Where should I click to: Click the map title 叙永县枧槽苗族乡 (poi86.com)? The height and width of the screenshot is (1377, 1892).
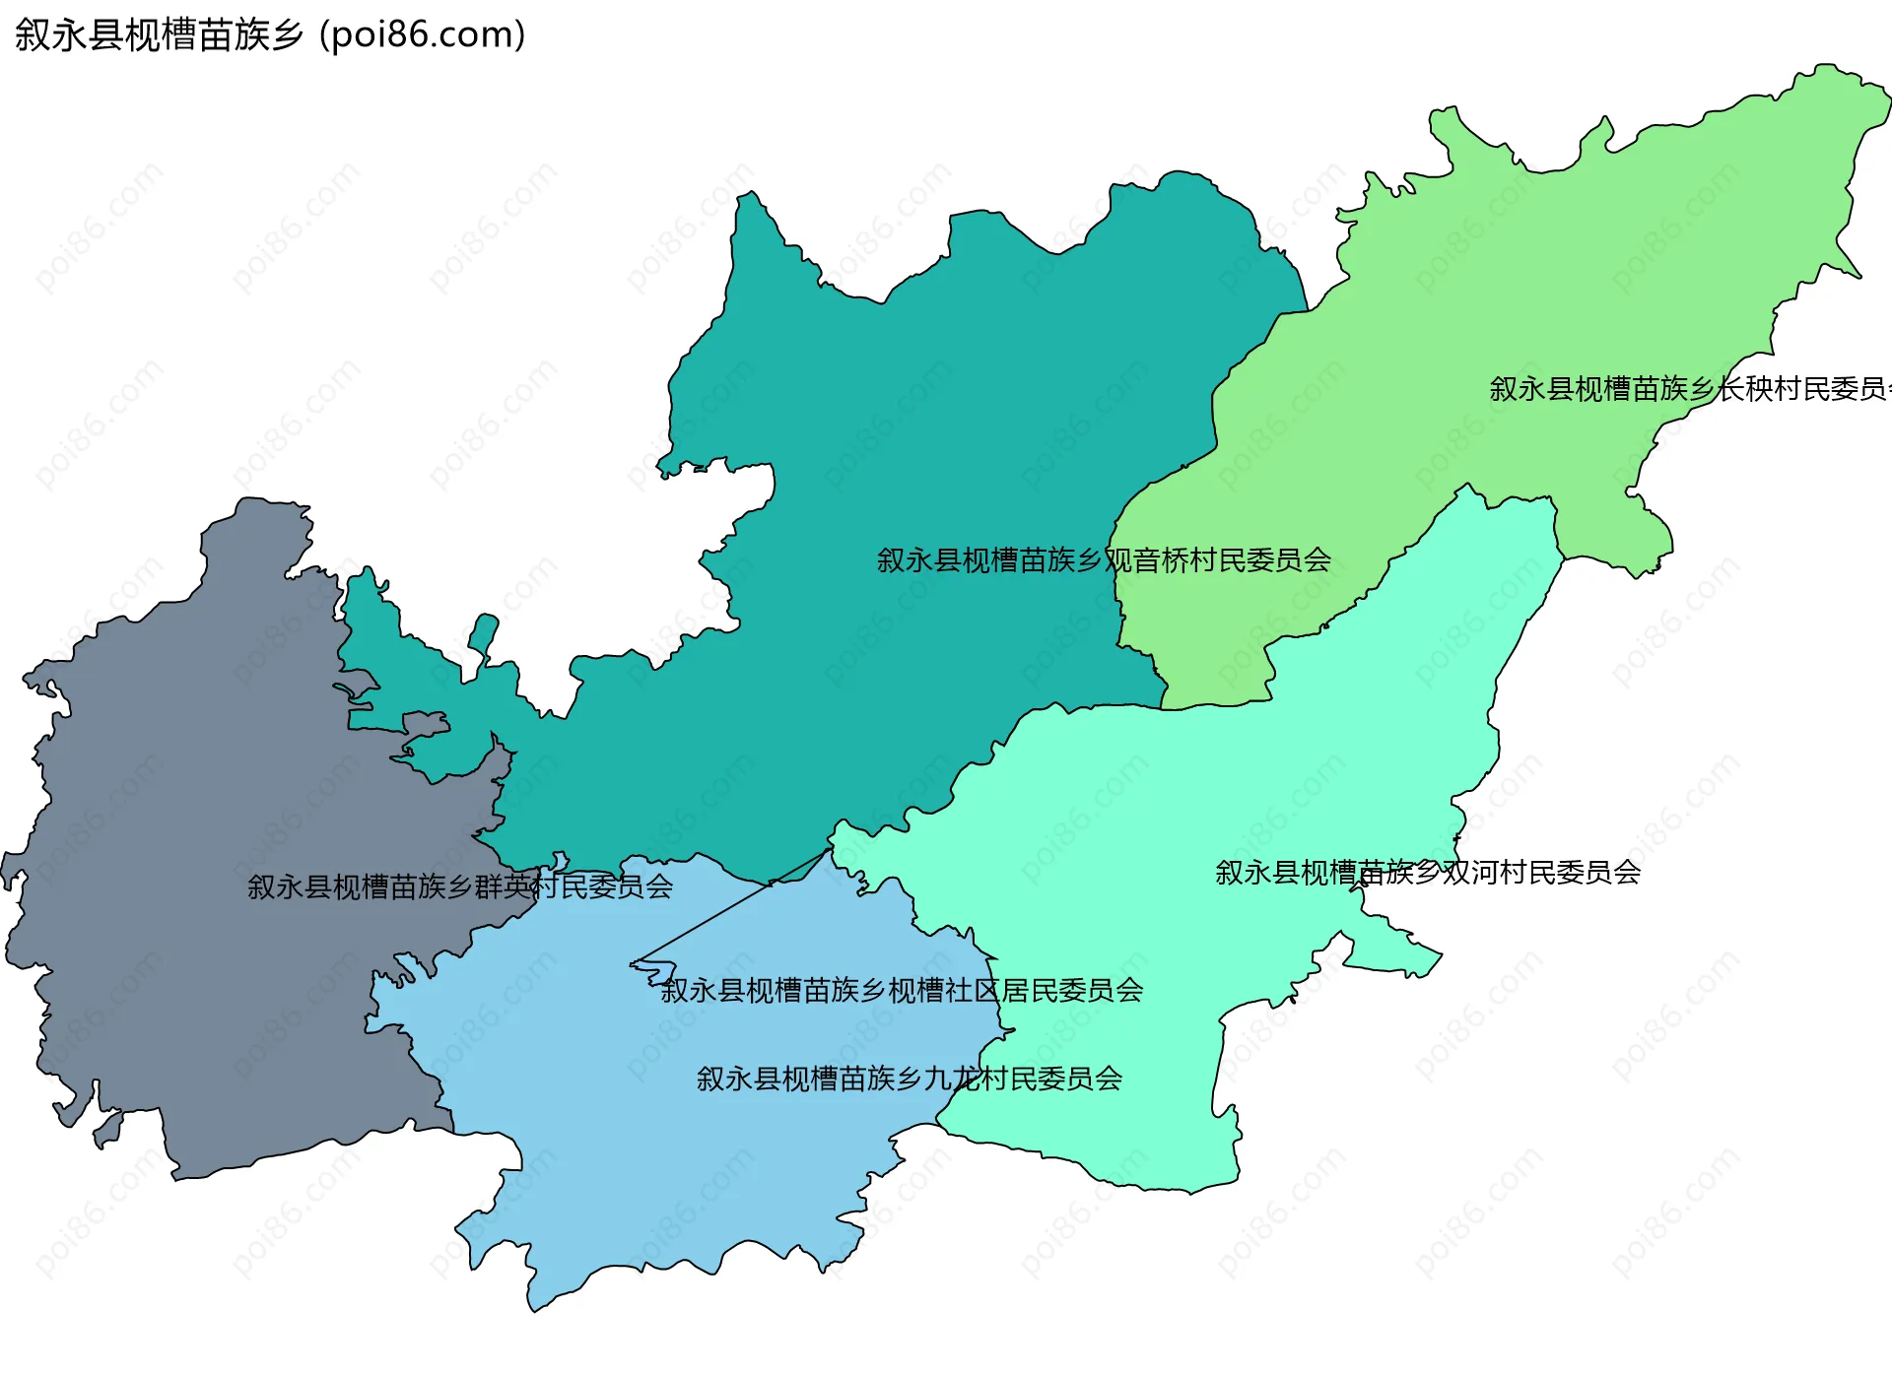click(269, 34)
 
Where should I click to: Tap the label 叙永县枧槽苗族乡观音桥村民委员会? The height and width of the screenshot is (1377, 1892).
click(1104, 560)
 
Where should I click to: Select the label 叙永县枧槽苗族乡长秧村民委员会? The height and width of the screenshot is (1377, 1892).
click(1687, 389)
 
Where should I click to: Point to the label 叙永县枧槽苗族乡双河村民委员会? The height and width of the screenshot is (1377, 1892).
click(1427, 873)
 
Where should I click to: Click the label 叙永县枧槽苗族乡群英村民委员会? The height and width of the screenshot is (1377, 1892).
click(460, 887)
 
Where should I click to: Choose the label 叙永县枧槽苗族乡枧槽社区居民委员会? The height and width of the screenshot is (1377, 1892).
click(902, 990)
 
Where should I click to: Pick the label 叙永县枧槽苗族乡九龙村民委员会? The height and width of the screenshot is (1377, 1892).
click(909, 1079)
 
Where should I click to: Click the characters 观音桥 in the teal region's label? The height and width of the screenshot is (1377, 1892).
click(1146, 560)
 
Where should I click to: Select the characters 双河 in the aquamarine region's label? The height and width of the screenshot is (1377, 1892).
click(1470, 873)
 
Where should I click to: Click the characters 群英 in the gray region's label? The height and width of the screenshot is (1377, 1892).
click(504, 887)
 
